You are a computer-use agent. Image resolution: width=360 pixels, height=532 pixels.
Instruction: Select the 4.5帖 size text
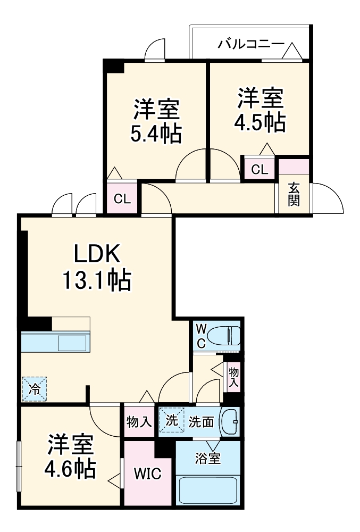(x=260, y=122)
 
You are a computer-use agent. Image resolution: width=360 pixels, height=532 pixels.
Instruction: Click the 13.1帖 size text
(x=97, y=280)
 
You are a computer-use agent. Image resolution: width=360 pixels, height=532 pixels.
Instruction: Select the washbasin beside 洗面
(x=230, y=421)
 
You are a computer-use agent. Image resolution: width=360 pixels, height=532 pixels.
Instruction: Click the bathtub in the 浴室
(x=207, y=489)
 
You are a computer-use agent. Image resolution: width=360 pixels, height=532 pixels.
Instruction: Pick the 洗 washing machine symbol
(x=171, y=420)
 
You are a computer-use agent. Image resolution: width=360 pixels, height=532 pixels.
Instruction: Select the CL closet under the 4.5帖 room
(x=259, y=170)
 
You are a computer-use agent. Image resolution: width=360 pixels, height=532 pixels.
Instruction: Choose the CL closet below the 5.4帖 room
(x=122, y=199)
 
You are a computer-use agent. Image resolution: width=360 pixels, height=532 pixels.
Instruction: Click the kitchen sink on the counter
(x=73, y=342)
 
